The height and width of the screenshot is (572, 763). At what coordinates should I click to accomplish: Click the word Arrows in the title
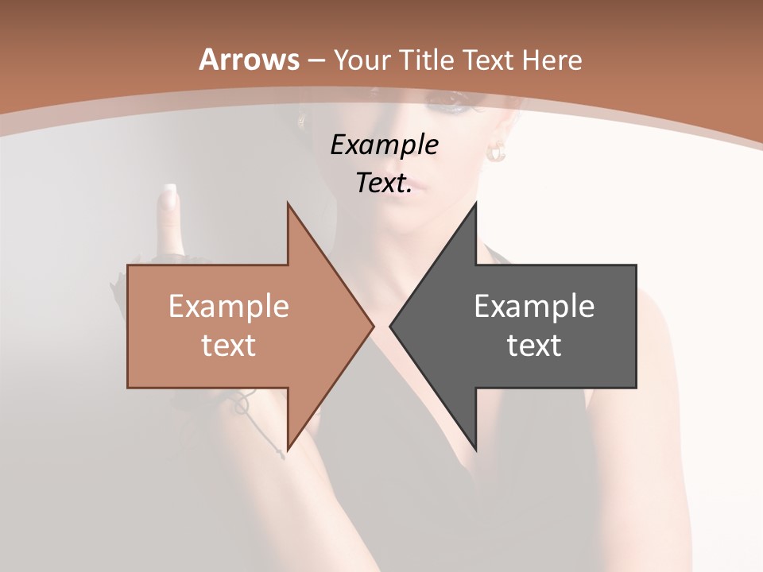(x=249, y=60)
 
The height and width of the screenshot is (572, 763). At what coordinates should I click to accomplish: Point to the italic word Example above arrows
(x=384, y=145)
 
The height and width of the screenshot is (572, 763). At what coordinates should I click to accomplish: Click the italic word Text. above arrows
(x=384, y=184)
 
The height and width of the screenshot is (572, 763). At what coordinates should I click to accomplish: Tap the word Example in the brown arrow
(x=229, y=307)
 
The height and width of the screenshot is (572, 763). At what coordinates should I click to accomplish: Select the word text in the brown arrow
(x=229, y=345)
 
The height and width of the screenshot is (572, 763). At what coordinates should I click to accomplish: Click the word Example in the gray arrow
(x=534, y=307)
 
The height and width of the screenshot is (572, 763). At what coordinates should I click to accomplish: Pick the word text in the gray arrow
(x=534, y=345)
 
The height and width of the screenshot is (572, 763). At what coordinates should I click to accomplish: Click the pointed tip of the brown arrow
(x=373, y=326)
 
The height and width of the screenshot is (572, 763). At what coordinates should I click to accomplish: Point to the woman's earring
(x=497, y=151)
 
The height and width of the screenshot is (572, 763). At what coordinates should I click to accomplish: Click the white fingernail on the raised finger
(x=168, y=193)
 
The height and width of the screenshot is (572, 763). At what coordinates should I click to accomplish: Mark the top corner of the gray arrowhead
(x=475, y=204)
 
